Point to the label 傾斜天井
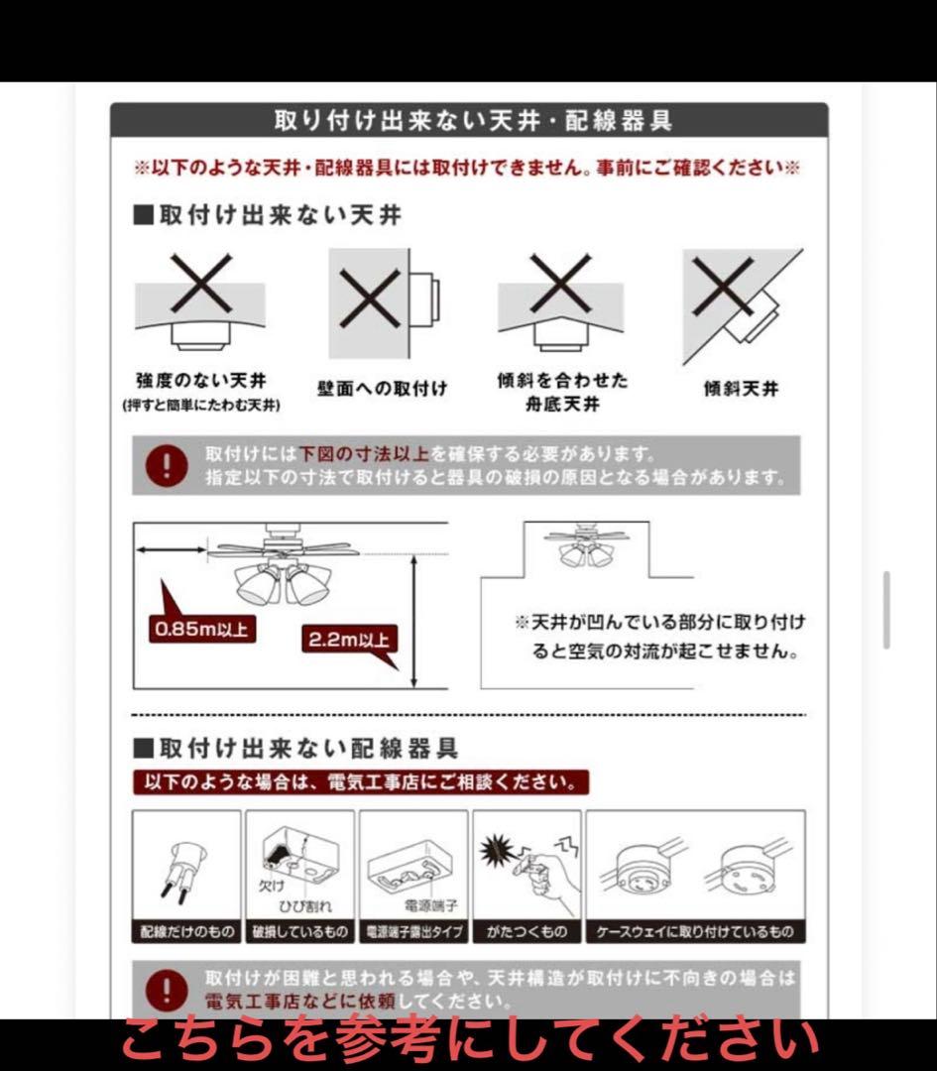tap(741, 389)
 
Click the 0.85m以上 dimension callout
tap(202, 628)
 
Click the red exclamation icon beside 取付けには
tap(166, 465)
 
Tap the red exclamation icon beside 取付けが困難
tap(166, 989)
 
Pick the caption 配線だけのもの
tap(186, 932)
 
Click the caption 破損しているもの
tap(300, 932)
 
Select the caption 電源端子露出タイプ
tap(412, 932)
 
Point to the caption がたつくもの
tap(527, 932)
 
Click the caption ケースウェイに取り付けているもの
tap(695, 932)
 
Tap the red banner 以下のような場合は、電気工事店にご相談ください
tap(361, 782)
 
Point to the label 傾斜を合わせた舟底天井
tap(562, 392)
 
